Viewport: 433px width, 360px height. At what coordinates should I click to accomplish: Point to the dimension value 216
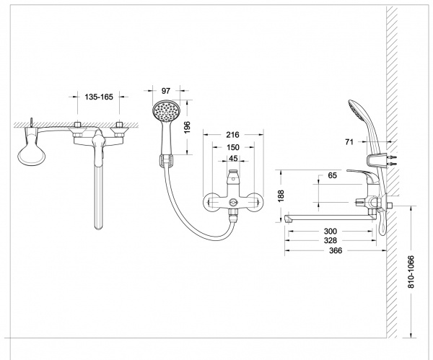click(x=232, y=135)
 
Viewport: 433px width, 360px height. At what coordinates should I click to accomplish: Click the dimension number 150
click(x=232, y=146)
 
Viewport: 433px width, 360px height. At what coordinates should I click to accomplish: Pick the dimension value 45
click(x=232, y=158)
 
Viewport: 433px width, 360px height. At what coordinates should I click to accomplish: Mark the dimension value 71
click(x=349, y=142)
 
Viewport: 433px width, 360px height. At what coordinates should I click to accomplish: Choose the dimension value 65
click(x=333, y=175)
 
